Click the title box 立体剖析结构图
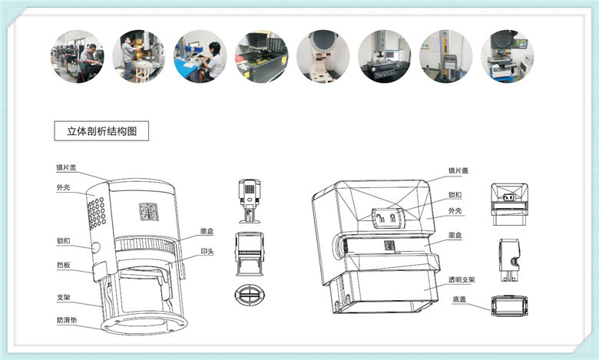pyautogui.click(x=101, y=131)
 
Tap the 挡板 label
pyautogui.click(x=64, y=265)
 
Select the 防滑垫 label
pyautogui.click(x=67, y=320)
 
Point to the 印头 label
pyautogui.click(x=207, y=251)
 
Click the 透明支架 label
pyautogui.click(x=462, y=280)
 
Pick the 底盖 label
pyautogui.click(x=459, y=299)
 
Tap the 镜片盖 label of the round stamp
pyautogui.click(x=67, y=167)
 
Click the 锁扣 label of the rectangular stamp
pyautogui.click(x=455, y=195)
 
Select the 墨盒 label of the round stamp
pyautogui.click(x=207, y=231)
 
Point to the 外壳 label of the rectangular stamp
pyautogui.click(x=455, y=211)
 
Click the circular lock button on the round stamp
pyautogui.click(x=95, y=247)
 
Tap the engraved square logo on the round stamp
pyautogui.click(x=149, y=212)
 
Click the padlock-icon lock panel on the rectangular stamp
pyautogui.click(x=386, y=218)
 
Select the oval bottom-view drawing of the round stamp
pyautogui.click(x=250, y=295)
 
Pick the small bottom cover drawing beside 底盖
pyautogui.click(x=510, y=306)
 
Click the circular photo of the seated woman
pyautogui.click(x=200, y=57)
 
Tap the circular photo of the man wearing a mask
pyautogui.click(x=139, y=57)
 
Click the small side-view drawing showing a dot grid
pyautogui.click(x=250, y=201)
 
